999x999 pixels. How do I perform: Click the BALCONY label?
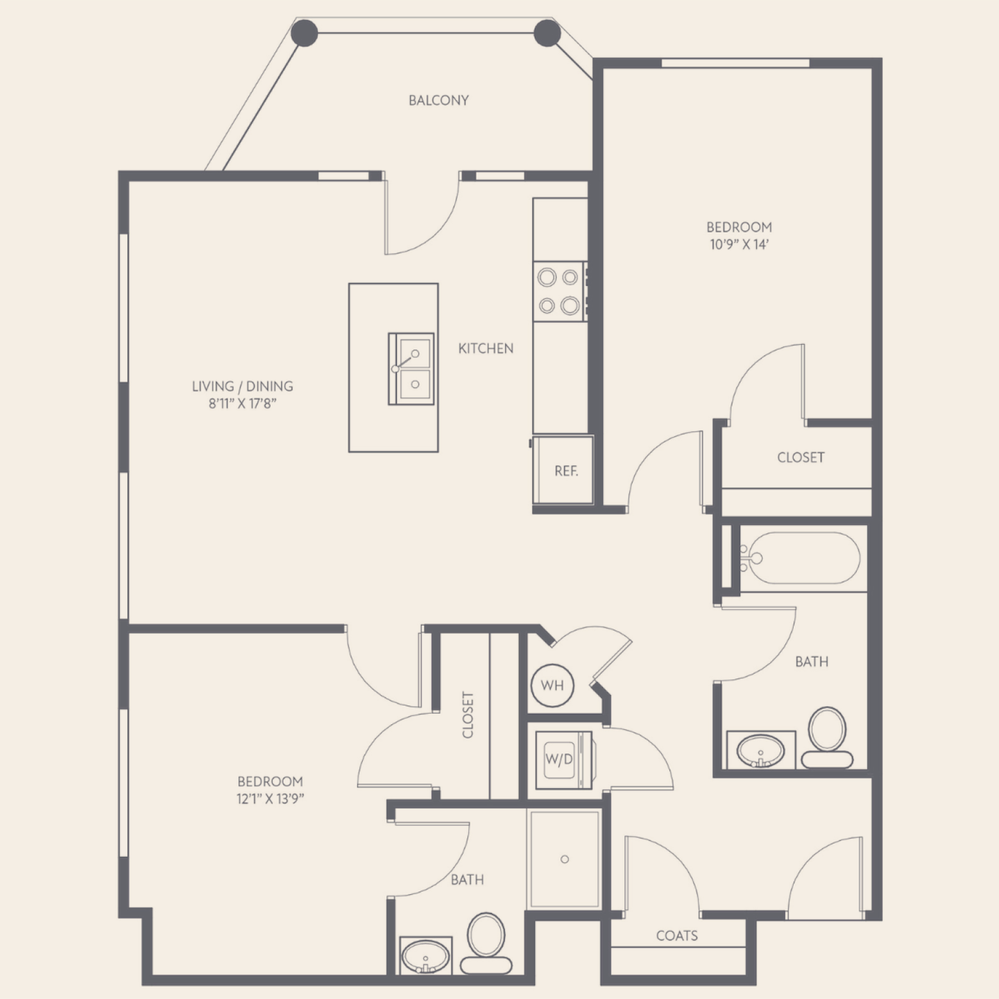click(x=438, y=100)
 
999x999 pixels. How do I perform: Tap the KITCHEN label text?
click(x=486, y=348)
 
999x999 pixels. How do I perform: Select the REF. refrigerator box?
click(x=563, y=470)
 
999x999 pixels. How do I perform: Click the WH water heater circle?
click(x=552, y=685)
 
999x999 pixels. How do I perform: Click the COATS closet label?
click(x=676, y=935)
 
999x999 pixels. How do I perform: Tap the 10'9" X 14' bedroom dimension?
click(x=739, y=244)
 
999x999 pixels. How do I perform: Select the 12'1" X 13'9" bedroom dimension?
click(x=270, y=799)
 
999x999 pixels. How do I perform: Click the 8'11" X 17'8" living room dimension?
click(x=243, y=403)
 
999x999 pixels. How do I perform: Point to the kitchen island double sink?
click(x=411, y=369)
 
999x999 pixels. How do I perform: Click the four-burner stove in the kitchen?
click(x=560, y=291)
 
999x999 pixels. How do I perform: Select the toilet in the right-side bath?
click(x=828, y=737)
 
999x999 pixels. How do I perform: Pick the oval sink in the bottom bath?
click(x=426, y=957)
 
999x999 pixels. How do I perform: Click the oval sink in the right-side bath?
click(x=760, y=751)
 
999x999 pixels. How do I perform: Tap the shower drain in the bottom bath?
click(x=565, y=859)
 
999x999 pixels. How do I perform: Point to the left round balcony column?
click(x=305, y=33)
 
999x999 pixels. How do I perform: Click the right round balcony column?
click(x=547, y=33)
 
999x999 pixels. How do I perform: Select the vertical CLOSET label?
click(x=468, y=715)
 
